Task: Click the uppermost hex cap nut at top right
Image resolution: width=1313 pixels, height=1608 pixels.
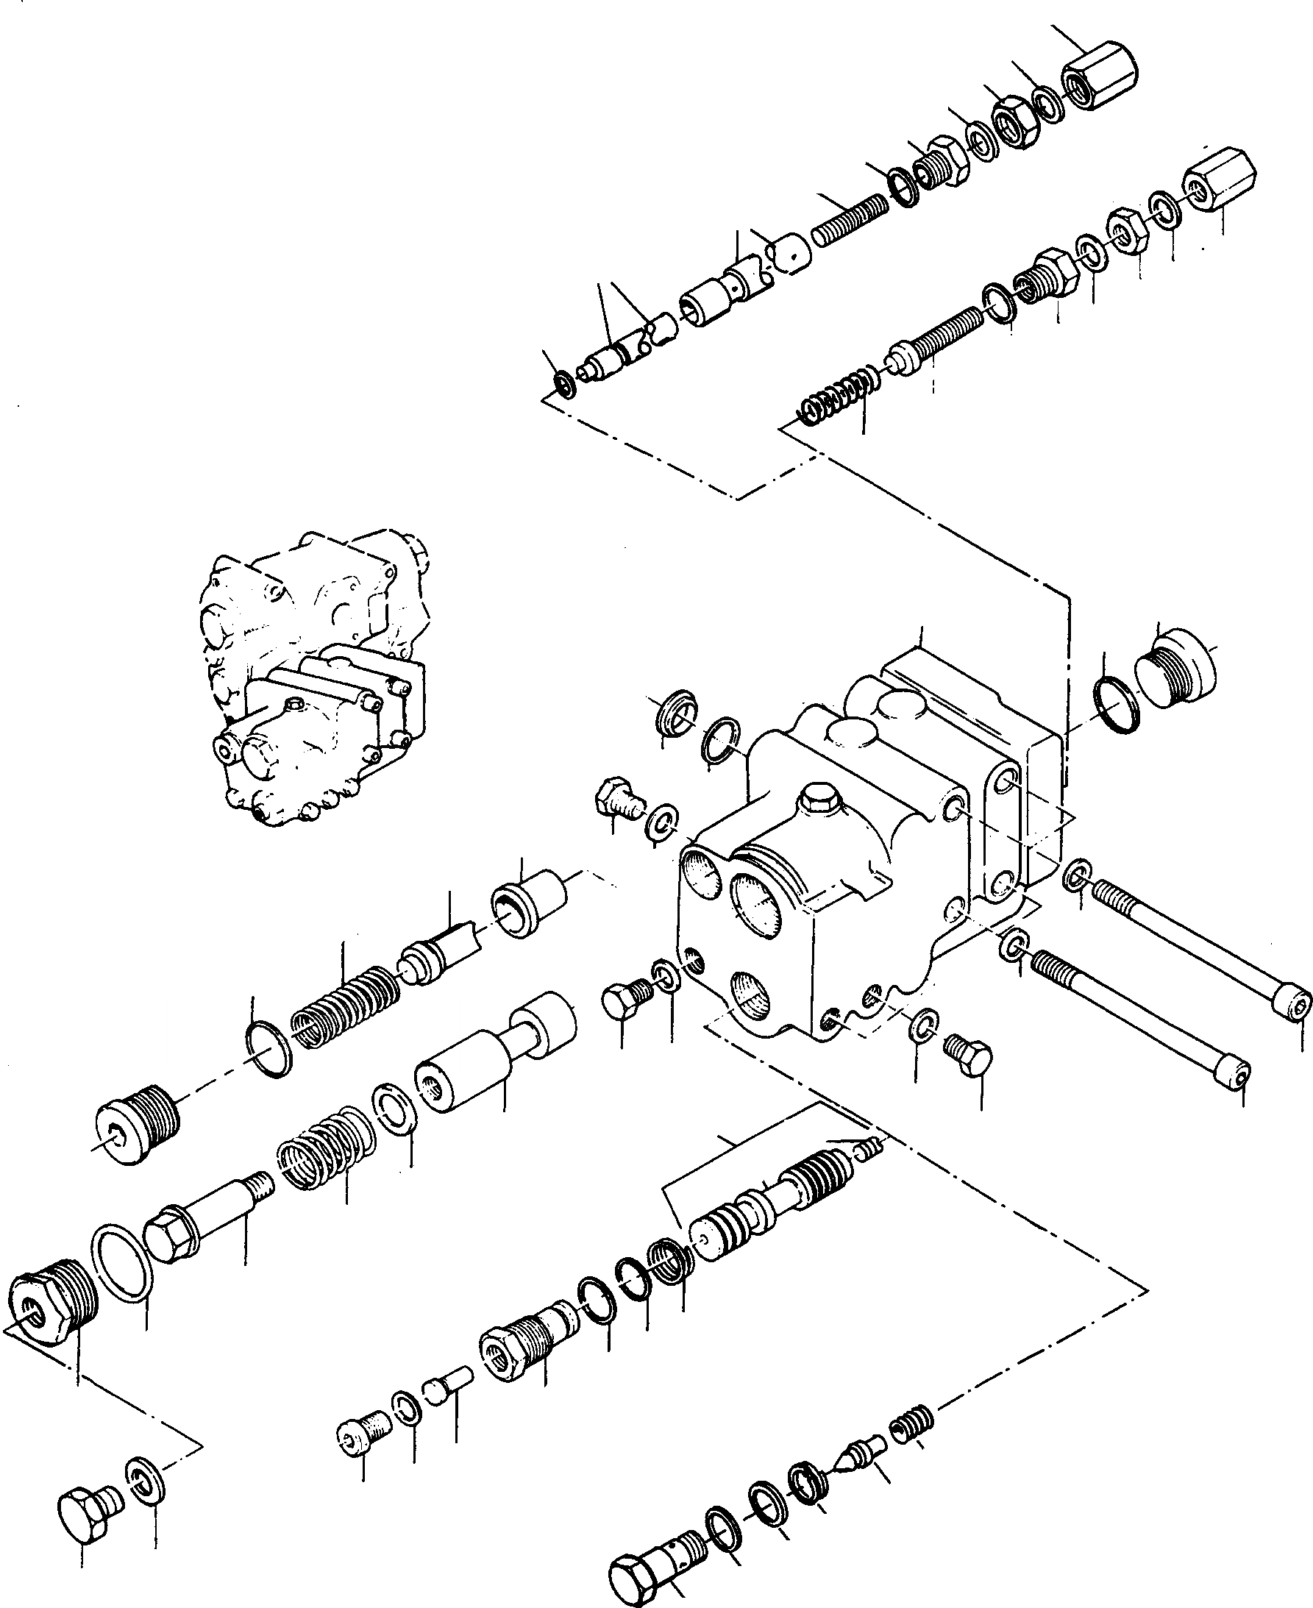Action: (1100, 79)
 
